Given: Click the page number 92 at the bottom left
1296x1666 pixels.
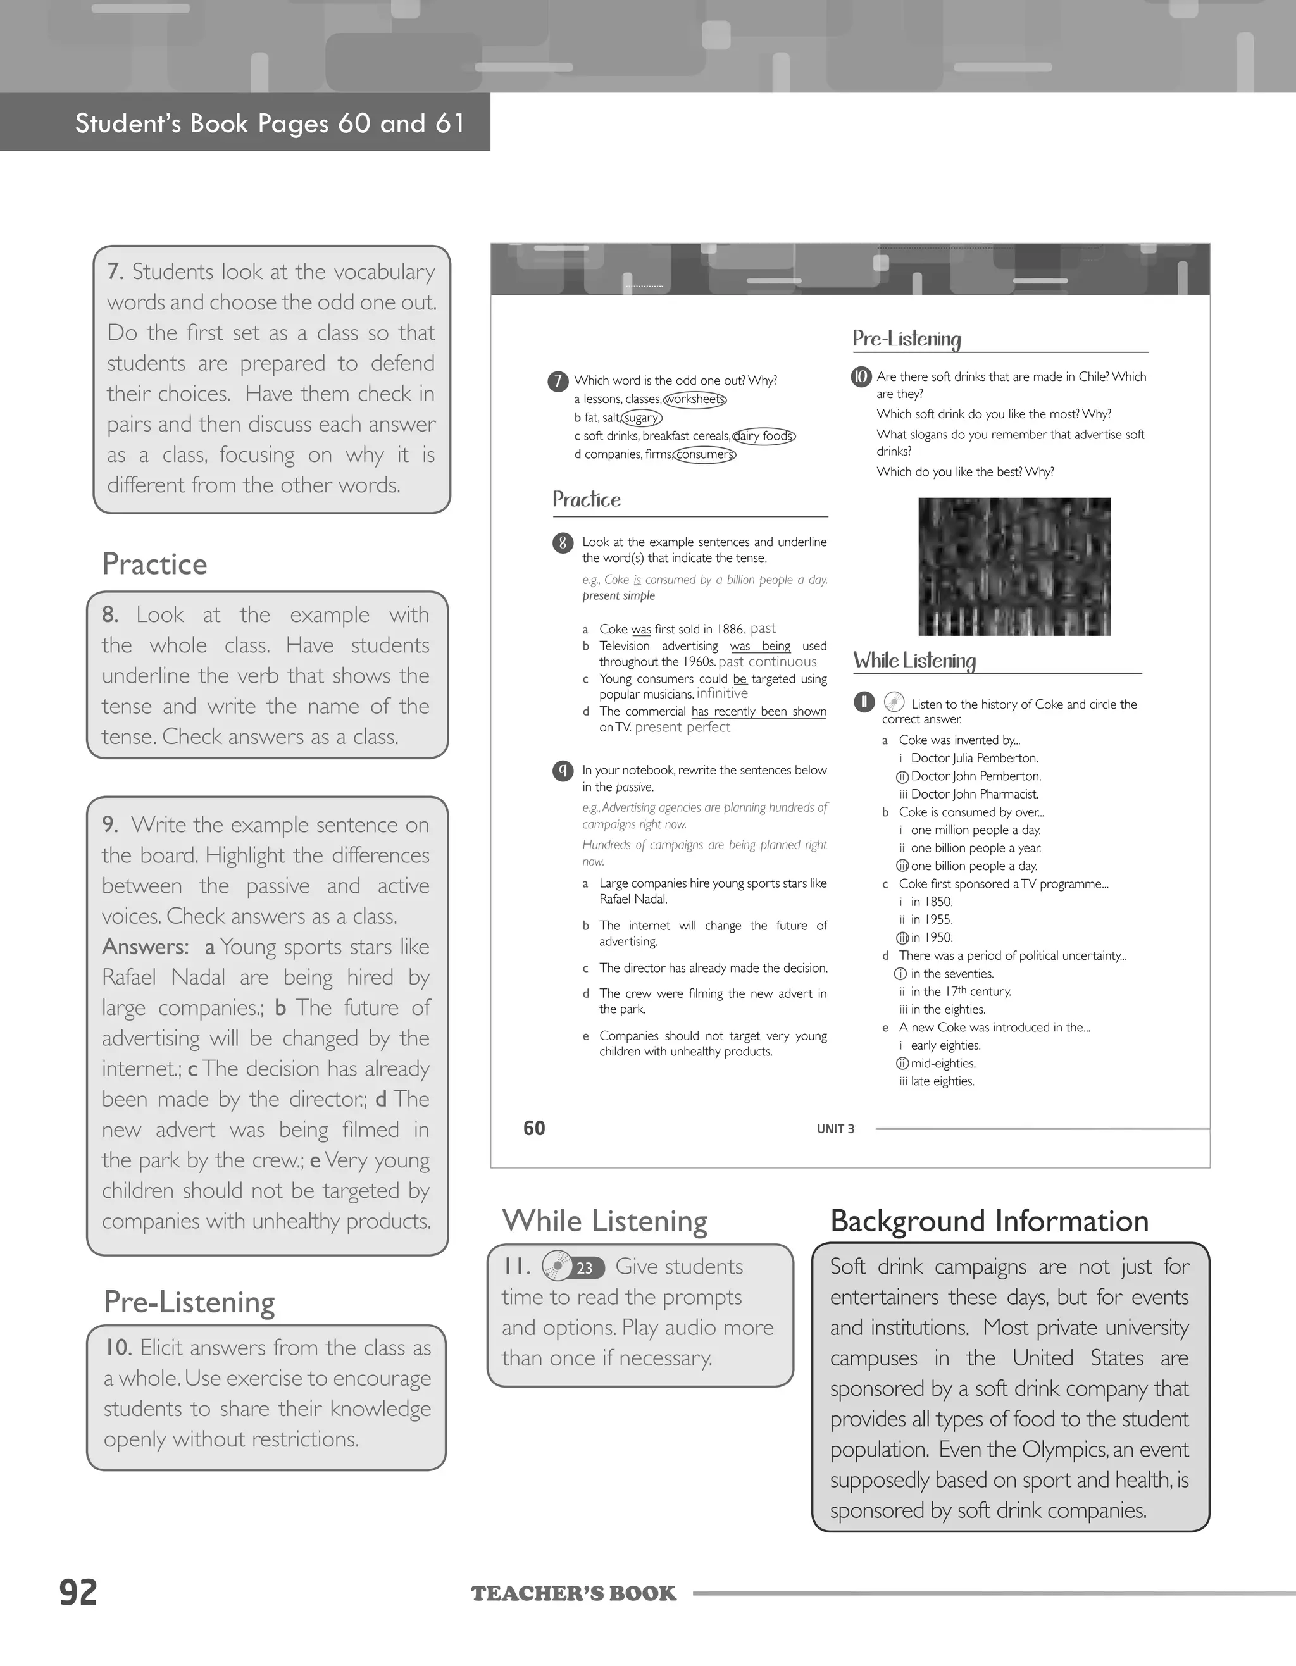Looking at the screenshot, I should tap(78, 1593).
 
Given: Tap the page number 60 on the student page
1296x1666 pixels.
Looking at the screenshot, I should tap(534, 1128).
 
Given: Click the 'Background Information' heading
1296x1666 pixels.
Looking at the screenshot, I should tap(988, 1221).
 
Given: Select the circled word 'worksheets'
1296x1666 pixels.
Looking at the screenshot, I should tap(694, 399).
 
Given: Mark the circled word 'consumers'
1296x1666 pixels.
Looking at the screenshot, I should tap(704, 455).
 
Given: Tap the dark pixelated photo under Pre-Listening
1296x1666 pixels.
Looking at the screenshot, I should tap(1014, 566).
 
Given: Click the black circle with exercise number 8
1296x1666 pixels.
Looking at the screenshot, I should tap(562, 542).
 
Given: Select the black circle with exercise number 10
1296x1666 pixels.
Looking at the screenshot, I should tap(861, 376).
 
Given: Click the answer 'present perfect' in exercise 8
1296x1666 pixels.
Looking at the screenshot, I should tap(682, 727).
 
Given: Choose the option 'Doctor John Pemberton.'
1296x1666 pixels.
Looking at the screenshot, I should tap(975, 776).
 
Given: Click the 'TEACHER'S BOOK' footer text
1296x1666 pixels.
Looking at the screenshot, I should tap(573, 1593).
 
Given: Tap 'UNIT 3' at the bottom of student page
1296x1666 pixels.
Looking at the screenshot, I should tap(835, 1129).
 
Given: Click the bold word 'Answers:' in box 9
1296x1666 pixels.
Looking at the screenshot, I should tap(145, 947).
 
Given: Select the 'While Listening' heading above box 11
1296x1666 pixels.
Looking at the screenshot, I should tap(604, 1221).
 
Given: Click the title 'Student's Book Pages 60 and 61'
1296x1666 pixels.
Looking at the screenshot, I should tap(270, 123).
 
